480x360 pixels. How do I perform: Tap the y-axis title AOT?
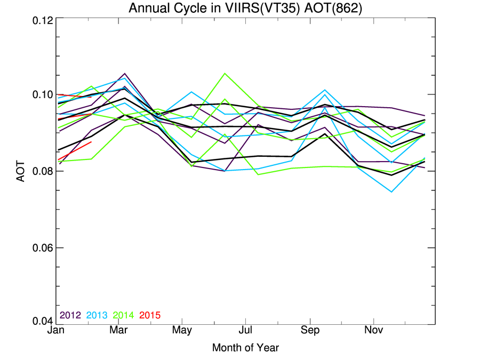(x=21, y=171)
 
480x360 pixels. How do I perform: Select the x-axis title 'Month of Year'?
(x=245, y=348)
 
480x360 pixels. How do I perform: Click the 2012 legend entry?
(x=70, y=315)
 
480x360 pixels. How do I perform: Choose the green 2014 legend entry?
(x=123, y=315)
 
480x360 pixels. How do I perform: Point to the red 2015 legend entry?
(x=150, y=315)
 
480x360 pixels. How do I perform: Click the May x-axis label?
(x=182, y=331)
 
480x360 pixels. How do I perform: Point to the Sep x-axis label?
(x=309, y=331)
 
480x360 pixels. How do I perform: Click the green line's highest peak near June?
(x=225, y=73)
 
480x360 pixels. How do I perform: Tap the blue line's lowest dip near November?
(x=391, y=191)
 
